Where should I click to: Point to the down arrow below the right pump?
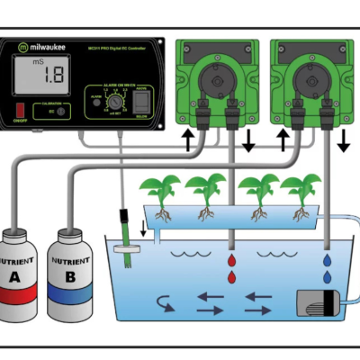point(343,139)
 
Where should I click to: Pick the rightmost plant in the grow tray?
point(297,193)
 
